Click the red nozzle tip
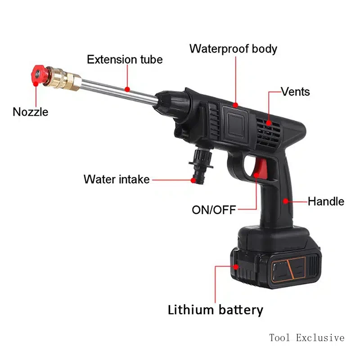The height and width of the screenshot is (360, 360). [38, 73]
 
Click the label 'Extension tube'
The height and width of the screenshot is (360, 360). [125, 59]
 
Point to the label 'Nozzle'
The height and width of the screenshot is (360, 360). [30, 112]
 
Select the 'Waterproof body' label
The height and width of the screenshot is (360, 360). [233, 49]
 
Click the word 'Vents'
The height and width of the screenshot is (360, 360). [296, 92]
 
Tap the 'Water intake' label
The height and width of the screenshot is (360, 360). [117, 179]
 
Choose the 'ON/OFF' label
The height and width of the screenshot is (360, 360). [214, 210]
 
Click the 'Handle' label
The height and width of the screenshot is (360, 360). [326, 201]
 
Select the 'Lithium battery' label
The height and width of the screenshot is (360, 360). [216, 310]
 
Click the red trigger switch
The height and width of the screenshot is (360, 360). [260, 172]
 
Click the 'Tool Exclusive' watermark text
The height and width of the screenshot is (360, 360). [307, 337]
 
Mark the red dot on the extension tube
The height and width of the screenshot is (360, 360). [128, 90]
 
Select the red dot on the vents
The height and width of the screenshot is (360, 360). [269, 122]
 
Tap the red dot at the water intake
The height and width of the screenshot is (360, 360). [193, 180]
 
